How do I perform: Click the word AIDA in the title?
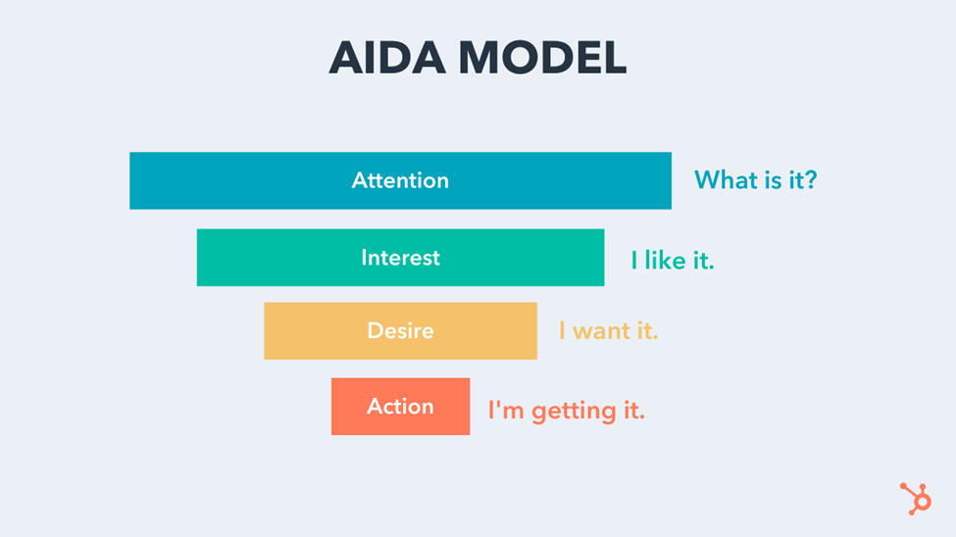[389, 59]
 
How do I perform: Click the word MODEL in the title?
[543, 59]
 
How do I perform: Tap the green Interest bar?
[275, 258]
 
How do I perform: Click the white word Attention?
[400, 180]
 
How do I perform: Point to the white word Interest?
[400, 258]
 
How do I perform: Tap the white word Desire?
[400, 330]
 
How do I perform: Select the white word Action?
[400, 407]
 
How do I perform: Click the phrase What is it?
[755, 180]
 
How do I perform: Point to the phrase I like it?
[673, 261]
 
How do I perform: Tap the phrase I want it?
[608, 331]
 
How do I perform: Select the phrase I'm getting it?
[567, 410]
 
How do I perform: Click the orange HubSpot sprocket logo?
[916, 499]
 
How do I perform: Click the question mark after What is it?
[809, 180]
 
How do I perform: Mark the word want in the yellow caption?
[604, 331]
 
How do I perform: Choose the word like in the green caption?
[670, 261]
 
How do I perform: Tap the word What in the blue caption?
[723, 180]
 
